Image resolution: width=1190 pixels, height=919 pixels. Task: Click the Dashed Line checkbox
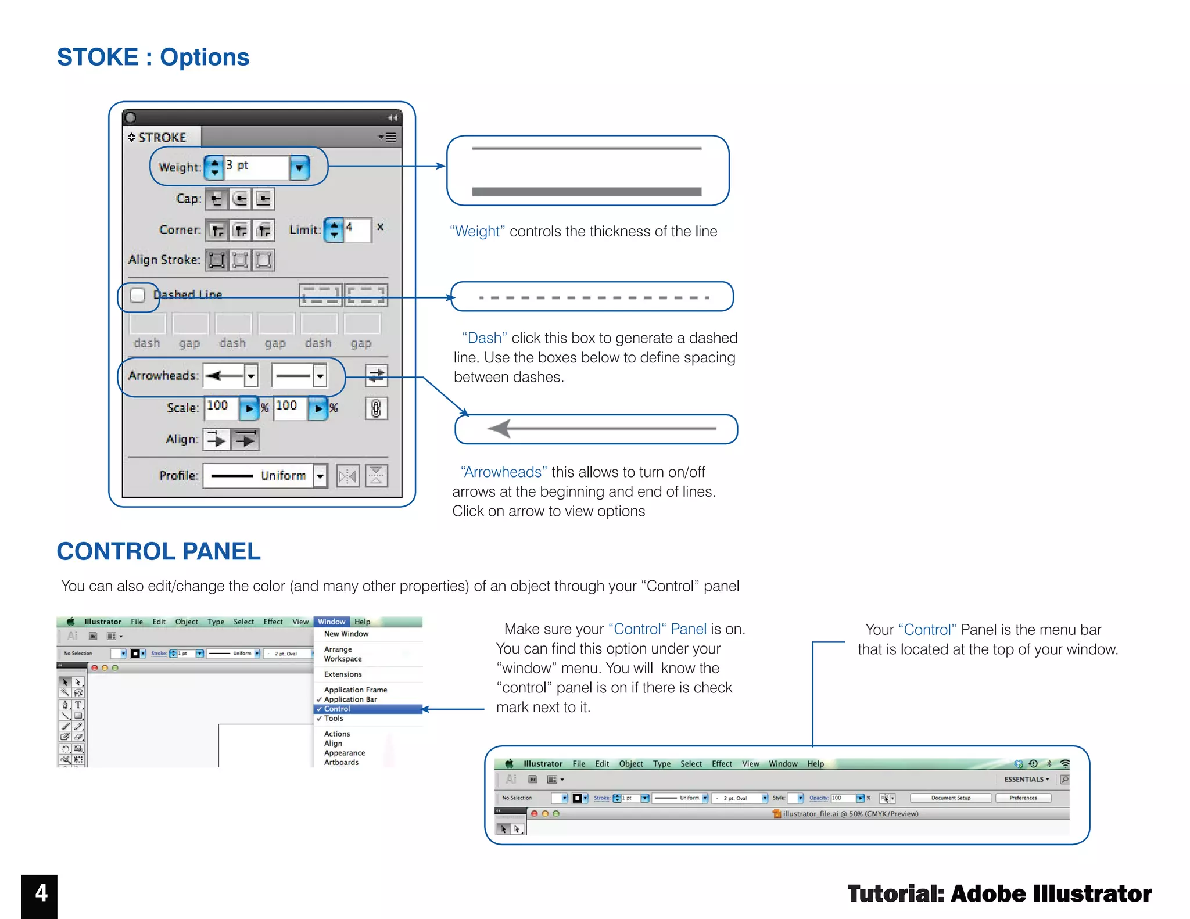[138, 295]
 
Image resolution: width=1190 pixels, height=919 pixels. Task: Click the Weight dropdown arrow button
[299, 168]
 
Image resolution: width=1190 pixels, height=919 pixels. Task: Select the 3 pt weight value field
[256, 167]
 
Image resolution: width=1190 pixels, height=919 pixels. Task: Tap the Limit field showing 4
[357, 229]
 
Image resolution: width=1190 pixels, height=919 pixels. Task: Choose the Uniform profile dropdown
[265, 476]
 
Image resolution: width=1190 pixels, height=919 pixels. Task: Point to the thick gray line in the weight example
[586, 192]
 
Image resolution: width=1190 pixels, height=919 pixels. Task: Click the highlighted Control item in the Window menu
[338, 709]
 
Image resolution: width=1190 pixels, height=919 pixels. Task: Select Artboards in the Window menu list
[341, 762]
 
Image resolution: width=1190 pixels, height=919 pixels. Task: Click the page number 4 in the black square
[40, 893]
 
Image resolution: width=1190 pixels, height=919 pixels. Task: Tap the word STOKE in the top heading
[98, 57]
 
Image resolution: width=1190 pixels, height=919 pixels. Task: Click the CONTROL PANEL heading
[159, 551]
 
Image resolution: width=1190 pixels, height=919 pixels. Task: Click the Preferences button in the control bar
[1023, 798]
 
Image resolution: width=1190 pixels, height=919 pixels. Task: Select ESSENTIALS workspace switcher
[1026, 779]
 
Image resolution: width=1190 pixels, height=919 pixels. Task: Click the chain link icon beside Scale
[376, 408]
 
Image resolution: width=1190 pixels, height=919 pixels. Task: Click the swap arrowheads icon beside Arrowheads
[376, 375]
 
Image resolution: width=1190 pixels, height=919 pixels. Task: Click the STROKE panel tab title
[162, 137]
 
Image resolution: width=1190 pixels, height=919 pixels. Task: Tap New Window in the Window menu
[346, 634]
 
